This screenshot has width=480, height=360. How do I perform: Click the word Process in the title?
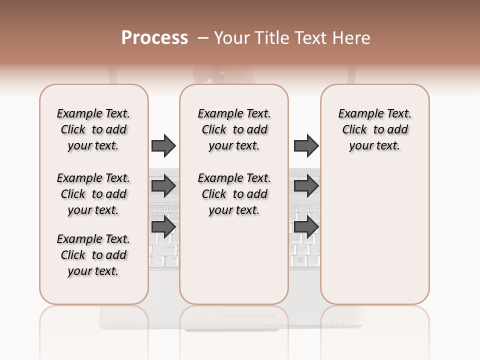coord(154,38)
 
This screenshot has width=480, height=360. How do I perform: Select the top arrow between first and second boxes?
coord(163,145)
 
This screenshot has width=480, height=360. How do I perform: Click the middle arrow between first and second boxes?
coord(163,186)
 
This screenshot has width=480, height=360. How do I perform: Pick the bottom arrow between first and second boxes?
coord(163,226)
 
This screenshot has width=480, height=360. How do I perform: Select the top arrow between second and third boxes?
coord(306,145)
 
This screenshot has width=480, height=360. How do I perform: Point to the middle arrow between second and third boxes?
coord(306,186)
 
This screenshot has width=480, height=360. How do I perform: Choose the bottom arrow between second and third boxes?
coord(306,226)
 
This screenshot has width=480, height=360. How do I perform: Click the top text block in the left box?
coord(93,129)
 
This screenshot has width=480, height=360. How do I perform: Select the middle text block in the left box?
coord(93,194)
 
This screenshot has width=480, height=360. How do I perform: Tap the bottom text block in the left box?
coord(93,255)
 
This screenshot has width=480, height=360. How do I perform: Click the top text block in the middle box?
coord(234,129)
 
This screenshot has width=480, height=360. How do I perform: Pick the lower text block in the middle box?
coord(234,194)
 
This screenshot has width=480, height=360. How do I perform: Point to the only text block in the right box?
coord(374,129)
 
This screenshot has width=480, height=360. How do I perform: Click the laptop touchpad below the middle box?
coord(250,311)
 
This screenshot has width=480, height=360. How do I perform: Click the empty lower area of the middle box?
coord(234,260)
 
